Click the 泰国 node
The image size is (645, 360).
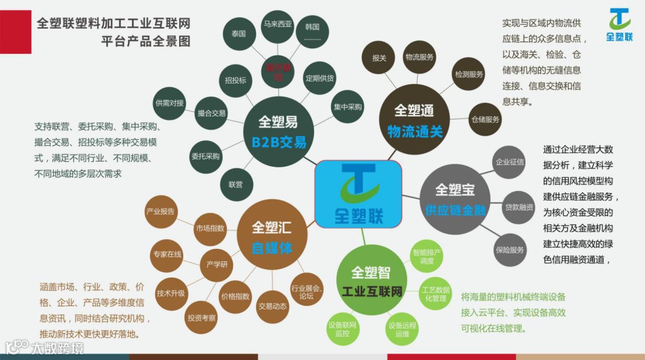[x=239, y=34]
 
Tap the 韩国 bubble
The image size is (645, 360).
[x=312, y=31]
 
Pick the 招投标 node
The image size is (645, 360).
[x=236, y=80]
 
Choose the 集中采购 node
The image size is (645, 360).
[x=348, y=107]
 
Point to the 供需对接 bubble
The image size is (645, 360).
[x=170, y=103]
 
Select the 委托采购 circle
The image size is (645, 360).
[x=205, y=156]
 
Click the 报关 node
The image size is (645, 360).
[x=379, y=59]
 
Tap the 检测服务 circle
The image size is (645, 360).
[x=469, y=75]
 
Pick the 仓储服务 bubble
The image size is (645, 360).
[x=485, y=119]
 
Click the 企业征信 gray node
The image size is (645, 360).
[x=509, y=162]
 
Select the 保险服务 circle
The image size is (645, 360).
[x=509, y=250]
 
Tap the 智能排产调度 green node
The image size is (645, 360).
[x=427, y=256]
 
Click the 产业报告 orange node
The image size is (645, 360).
[x=161, y=211]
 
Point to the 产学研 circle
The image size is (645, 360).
[x=217, y=264]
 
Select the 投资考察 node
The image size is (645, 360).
[x=201, y=318]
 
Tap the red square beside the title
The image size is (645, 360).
[x=16, y=32]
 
